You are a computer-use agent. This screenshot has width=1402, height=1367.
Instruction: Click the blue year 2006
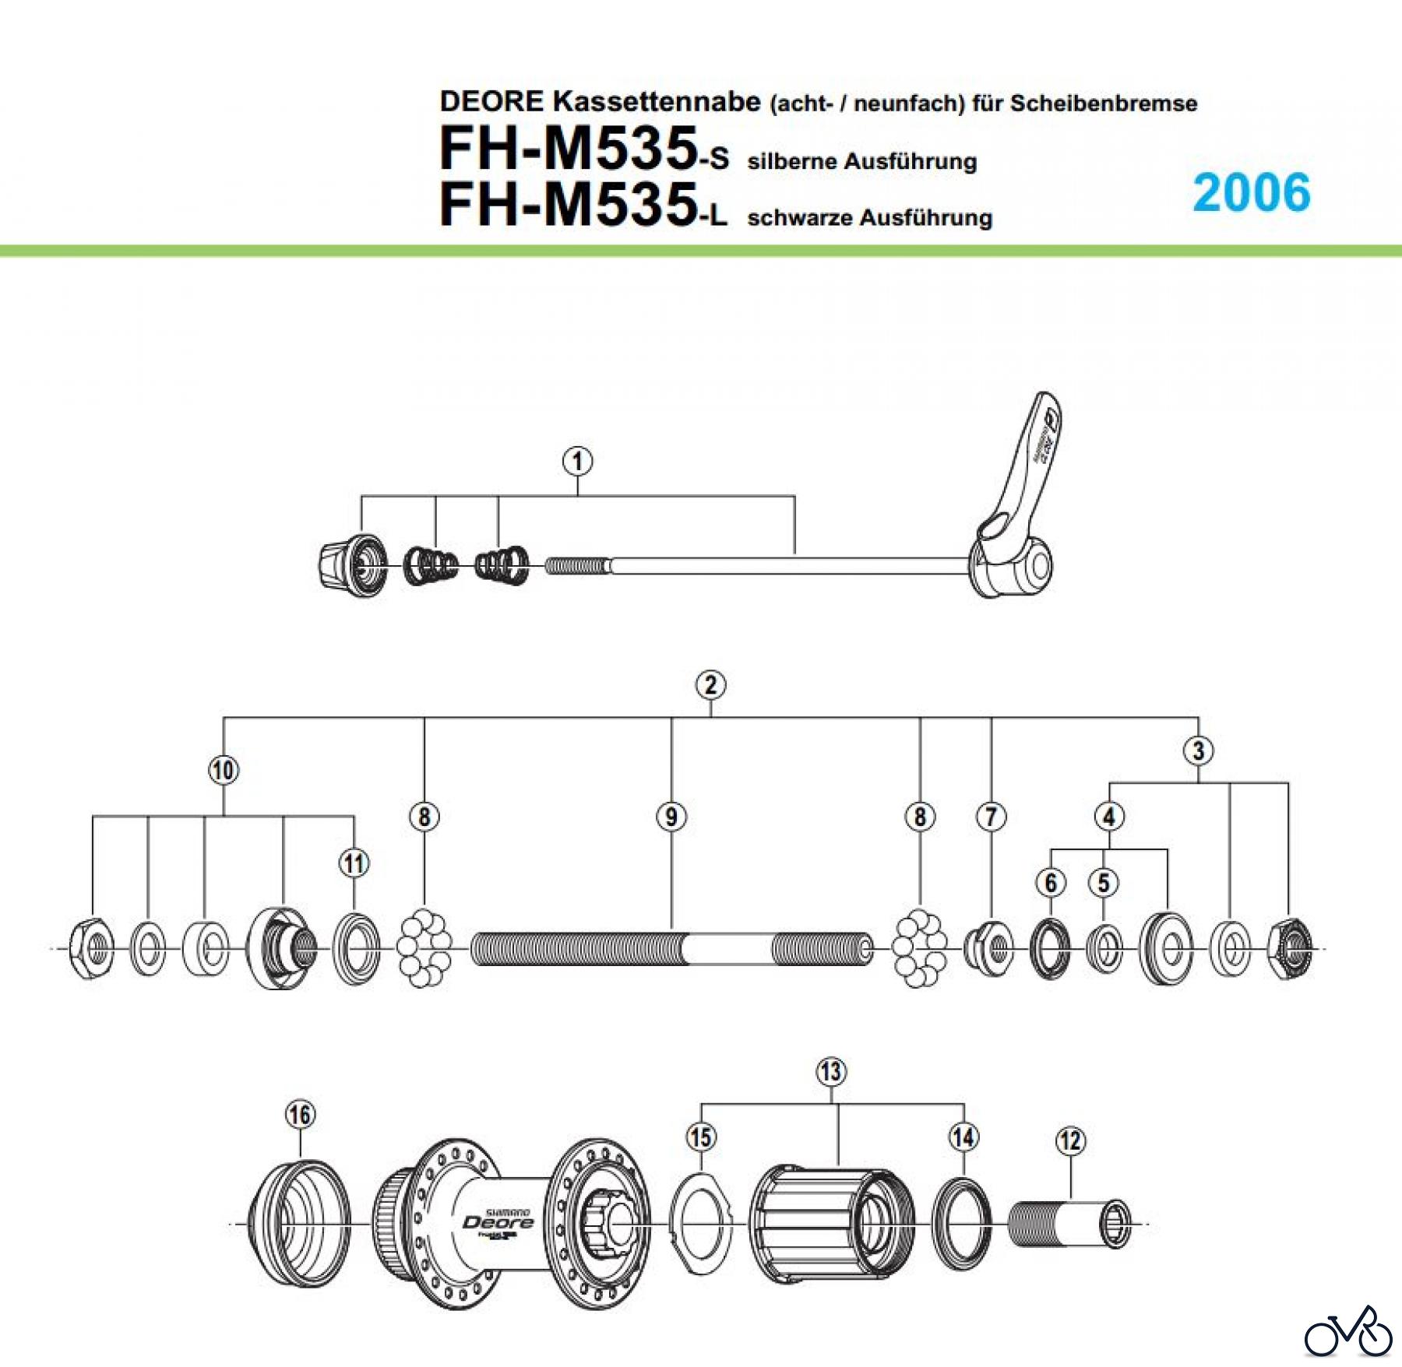[x=1251, y=192]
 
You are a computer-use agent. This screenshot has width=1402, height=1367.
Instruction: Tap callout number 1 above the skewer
[x=577, y=461]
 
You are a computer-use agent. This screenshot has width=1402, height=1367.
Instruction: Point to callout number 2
[x=710, y=685]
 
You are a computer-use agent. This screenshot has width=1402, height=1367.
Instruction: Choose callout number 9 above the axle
[x=671, y=817]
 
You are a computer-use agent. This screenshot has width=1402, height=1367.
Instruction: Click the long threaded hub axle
[x=671, y=948]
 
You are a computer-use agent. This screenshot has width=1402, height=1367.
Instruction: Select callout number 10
[x=224, y=770]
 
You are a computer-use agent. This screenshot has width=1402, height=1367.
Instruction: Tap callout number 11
[x=354, y=863]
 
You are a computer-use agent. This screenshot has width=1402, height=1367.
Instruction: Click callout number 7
[x=991, y=817]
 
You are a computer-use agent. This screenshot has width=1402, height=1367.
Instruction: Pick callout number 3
[x=1198, y=750]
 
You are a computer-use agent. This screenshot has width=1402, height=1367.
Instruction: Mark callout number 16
[x=300, y=1115]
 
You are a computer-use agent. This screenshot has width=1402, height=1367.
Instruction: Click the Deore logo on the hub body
[x=498, y=1222]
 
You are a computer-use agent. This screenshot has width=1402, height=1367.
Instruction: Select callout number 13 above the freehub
[x=831, y=1071]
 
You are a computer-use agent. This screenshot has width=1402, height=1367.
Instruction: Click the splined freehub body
[x=830, y=1223]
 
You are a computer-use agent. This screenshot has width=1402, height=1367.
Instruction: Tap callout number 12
[x=1070, y=1141]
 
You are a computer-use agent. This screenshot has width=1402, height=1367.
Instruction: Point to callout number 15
[x=701, y=1137]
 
